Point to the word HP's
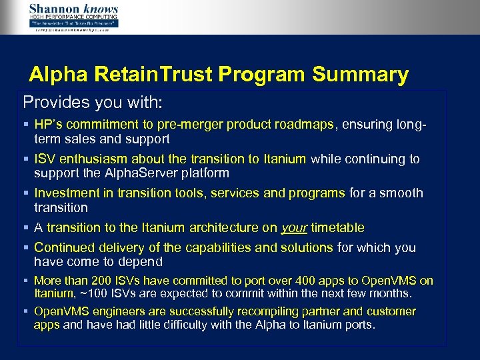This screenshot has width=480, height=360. coord(47,124)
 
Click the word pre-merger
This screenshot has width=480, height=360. coord(192,124)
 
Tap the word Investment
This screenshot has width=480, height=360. coord(66,193)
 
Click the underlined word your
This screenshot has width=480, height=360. coord(294,228)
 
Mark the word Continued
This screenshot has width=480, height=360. coord(66,248)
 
